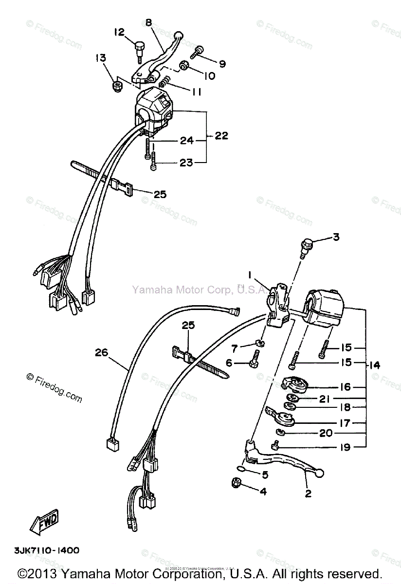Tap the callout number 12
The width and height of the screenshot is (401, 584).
(x=119, y=32)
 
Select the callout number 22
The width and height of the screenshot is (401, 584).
(x=221, y=136)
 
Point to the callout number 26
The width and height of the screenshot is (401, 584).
(x=101, y=353)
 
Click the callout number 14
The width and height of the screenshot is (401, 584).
(x=375, y=365)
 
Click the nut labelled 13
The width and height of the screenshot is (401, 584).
(x=117, y=87)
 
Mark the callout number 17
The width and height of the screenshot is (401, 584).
(x=344, y=423)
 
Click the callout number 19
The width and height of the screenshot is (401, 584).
(x=344, y=447)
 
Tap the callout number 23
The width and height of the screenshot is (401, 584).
(x=186, y=163)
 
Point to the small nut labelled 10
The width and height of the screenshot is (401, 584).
(x=184, y=65)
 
